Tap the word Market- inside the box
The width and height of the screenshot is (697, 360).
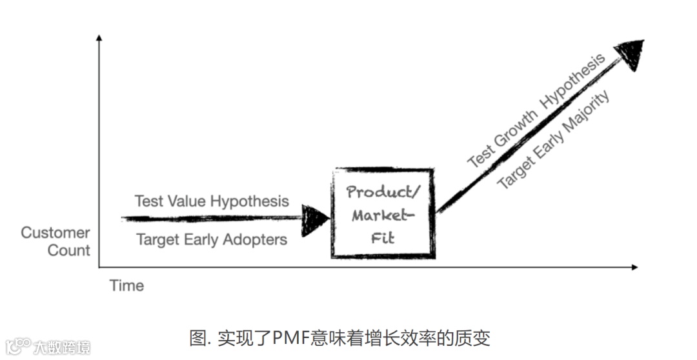pyautogui.click(x=381, y=215)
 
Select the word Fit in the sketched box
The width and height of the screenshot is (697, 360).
pyautogui.click(x=382, y=237)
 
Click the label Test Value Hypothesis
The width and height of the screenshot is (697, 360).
pyautogui.click(x=212, y=201)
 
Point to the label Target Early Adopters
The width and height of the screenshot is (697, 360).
pyautogui.click(x=212, y=240)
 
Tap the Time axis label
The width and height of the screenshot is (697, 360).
pyautogui.click(x=126, y=285)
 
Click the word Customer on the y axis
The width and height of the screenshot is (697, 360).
pyautogui.click(x=56, y=232)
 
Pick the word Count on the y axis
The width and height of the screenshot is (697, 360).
pyautogui.click(x=69, y=250)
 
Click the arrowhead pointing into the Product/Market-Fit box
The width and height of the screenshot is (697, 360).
pyautogui.click(x=316, y=218)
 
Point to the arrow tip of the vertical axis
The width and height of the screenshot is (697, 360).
pyautogui.click(x=99, y=38)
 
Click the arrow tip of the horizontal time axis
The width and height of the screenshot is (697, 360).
pyautogui.click(x=635, y=266)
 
